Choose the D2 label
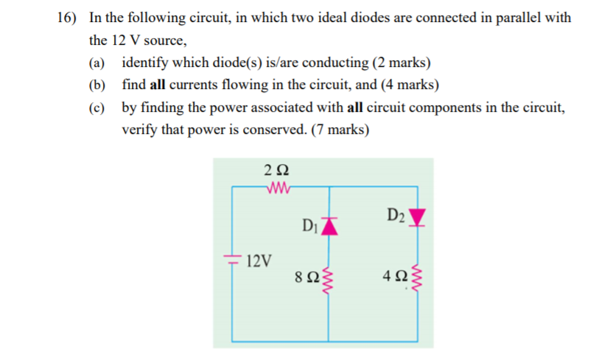(396, 215)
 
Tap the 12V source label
(259, 261)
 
